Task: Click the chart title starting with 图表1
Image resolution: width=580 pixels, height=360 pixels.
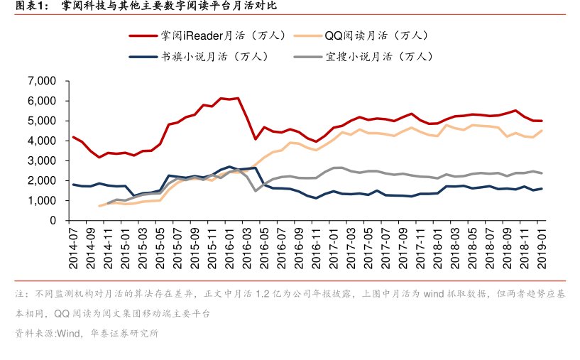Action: [141, 6]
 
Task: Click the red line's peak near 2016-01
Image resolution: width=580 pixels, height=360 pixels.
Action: [238, 98]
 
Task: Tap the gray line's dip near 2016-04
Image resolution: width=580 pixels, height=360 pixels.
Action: [256, 190]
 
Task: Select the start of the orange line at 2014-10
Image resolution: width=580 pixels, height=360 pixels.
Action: [99, 206]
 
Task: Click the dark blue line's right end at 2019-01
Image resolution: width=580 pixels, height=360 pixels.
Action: [542, 188]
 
